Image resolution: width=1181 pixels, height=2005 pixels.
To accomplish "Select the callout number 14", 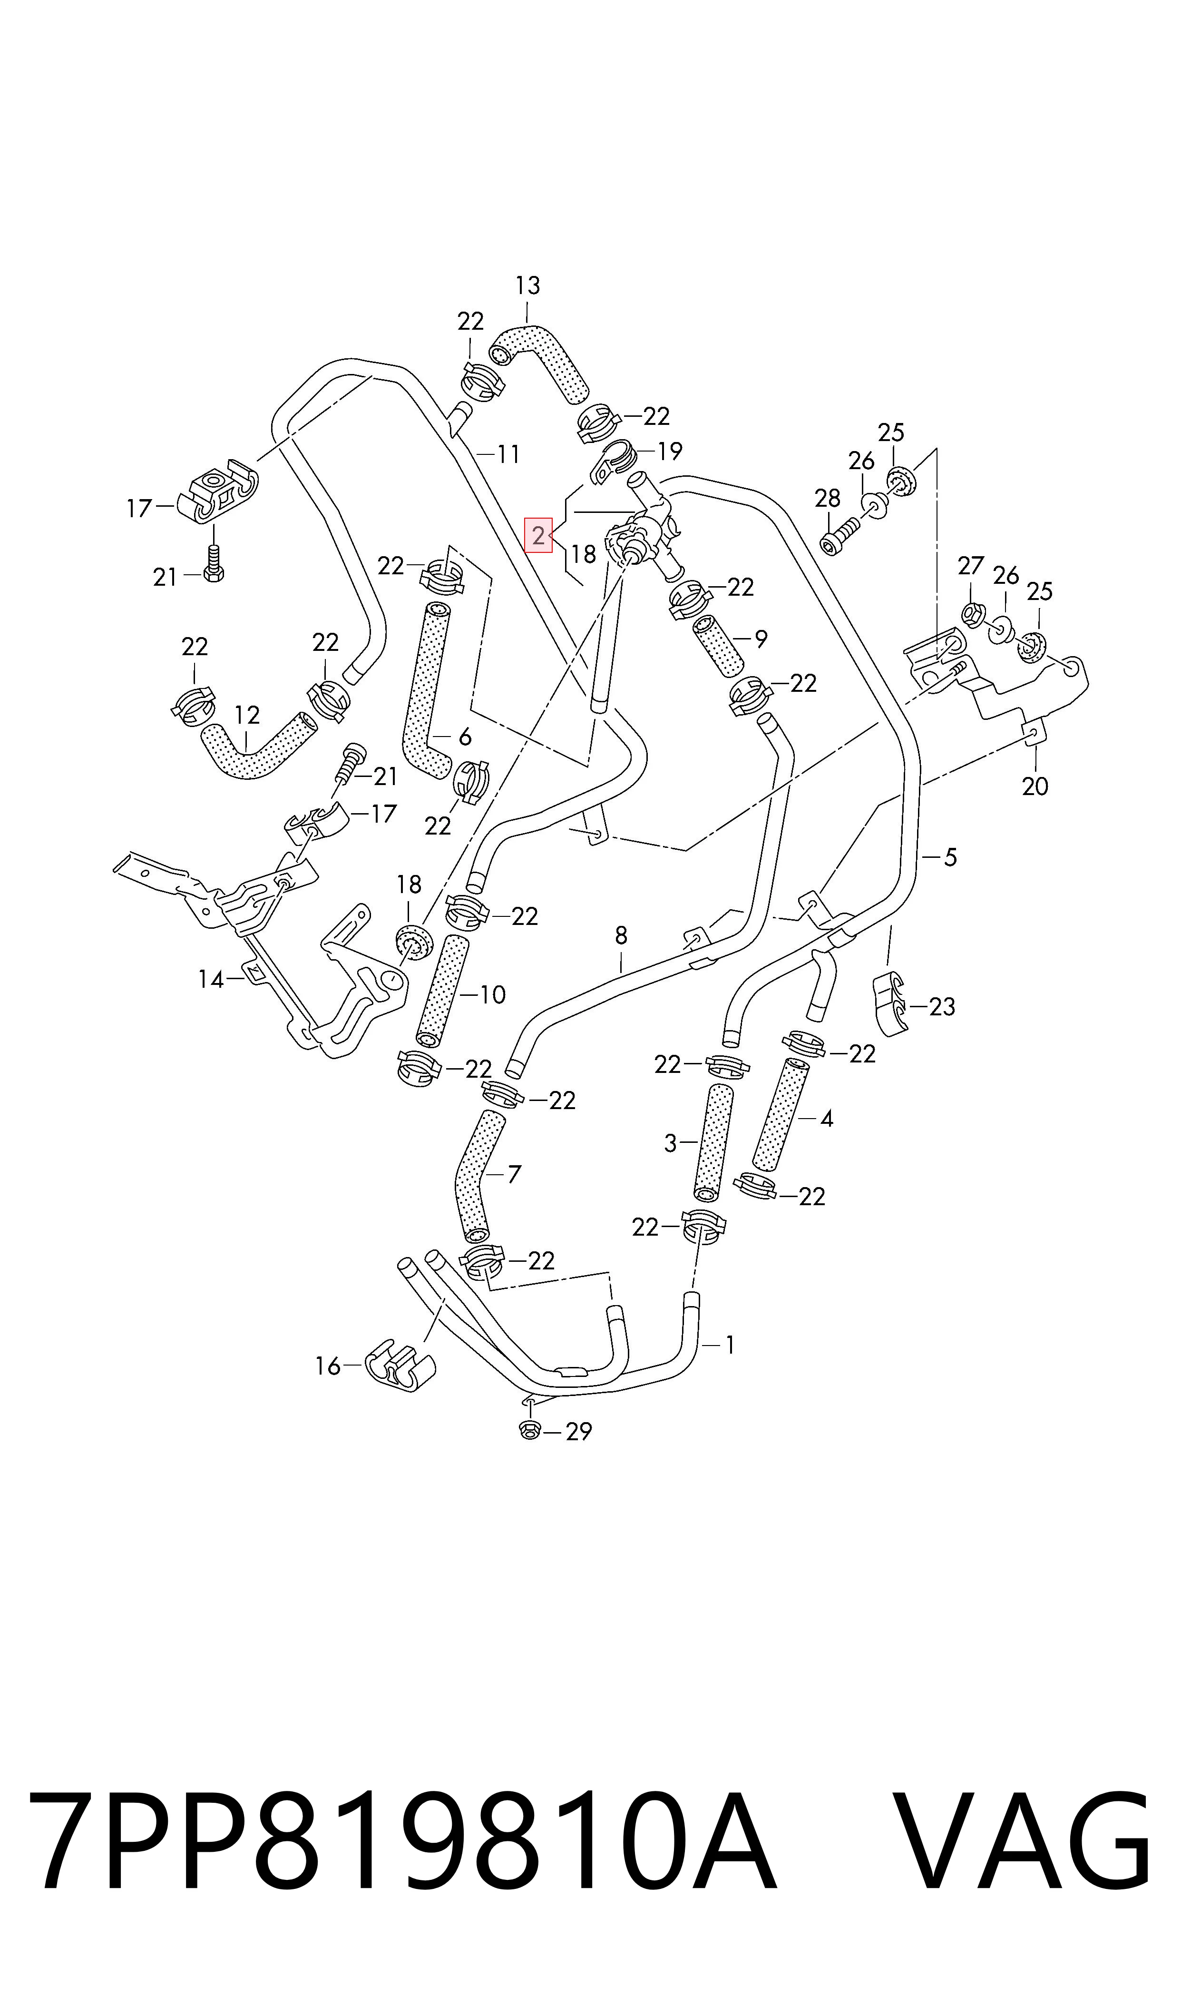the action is (211, 979).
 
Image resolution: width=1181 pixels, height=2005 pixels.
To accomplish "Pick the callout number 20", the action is (1035, 786).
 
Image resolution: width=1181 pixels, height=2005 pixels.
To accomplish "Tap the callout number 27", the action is (970, 566).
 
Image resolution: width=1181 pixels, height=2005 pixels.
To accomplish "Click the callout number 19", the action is (670, 452).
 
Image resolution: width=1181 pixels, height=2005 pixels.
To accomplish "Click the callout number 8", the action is (621, 935).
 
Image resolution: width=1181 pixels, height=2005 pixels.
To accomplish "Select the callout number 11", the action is (508, 454).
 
